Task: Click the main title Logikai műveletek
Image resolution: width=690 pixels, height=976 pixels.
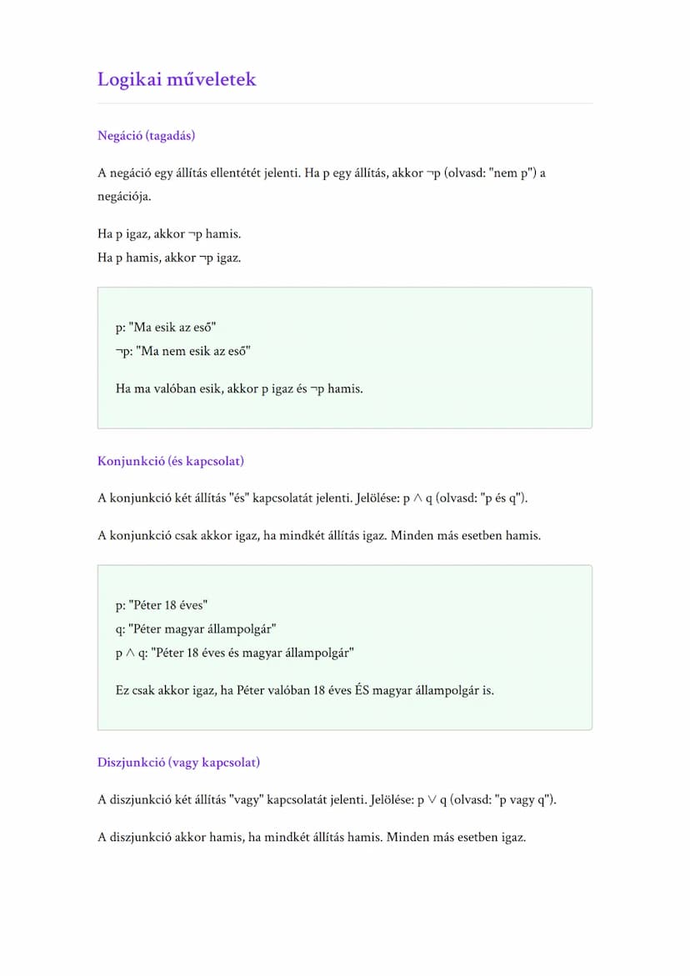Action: [177, 80]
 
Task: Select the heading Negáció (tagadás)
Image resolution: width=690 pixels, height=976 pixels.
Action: [146, 136]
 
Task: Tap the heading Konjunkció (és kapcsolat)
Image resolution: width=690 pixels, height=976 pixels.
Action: [170, 461]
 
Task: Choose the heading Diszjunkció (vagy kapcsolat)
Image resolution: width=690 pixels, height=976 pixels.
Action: [178, 763]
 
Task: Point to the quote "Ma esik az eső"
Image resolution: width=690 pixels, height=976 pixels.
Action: [173, 328]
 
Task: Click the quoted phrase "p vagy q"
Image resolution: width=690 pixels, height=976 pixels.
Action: [523, 800]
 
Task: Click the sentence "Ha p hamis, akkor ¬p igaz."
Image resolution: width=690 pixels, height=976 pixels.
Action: [169, 258]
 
